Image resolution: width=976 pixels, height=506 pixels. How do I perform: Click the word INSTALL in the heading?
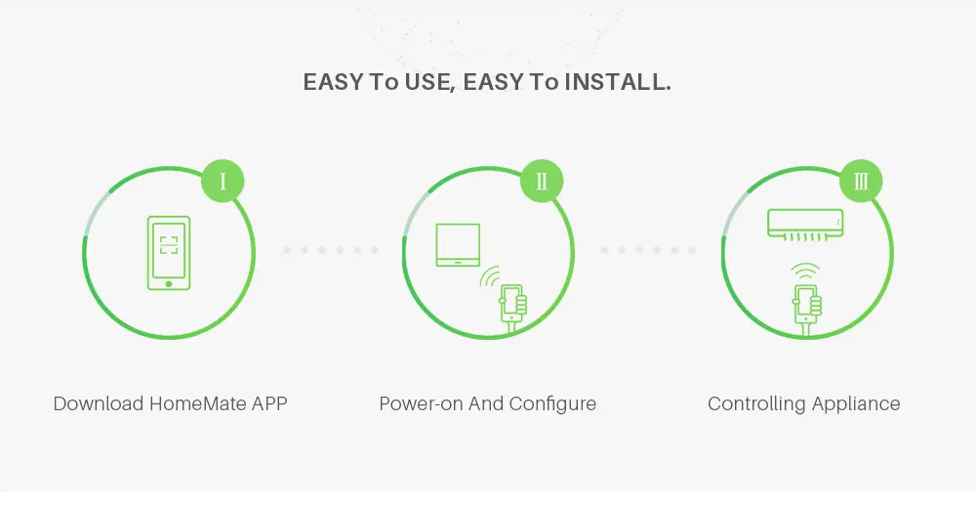pos(620,82)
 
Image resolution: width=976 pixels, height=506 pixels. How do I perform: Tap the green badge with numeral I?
pos(223,181)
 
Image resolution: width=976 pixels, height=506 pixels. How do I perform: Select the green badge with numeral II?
pos(542,181)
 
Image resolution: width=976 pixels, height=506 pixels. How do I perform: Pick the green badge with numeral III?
pos(861,181)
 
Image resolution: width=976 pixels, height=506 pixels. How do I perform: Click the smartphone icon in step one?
pos(169,253)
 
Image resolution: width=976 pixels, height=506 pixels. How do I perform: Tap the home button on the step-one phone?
pos(169,283)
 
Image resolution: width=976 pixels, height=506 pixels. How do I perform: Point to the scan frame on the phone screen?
pos(169,244)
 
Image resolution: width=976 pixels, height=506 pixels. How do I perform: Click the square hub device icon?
pos(458,244)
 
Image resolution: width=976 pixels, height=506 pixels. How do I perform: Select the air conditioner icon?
pos(804,224)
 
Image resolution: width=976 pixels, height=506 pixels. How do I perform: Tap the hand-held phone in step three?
pos(806,307)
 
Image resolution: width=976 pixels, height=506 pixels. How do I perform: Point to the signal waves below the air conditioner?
pos(806,271)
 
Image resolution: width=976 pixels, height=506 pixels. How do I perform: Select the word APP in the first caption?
pos(269,403)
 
